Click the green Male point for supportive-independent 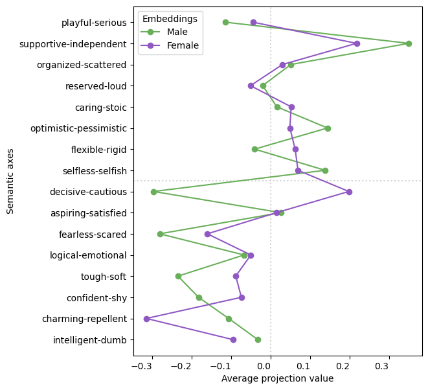point(409,43)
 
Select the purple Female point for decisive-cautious point(349,192)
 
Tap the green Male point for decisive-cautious point(153,192)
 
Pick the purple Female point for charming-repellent point(146,319)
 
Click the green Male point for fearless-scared point(160,234)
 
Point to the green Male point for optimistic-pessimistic point(328,128)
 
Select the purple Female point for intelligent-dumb point(233,339)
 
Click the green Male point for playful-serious point(225,22)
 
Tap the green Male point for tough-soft point(178,276)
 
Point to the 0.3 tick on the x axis point(389,367)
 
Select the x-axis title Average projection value point(277,378)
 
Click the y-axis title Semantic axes point(10,180)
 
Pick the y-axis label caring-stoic point(100,107)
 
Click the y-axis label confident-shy point(96,298)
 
